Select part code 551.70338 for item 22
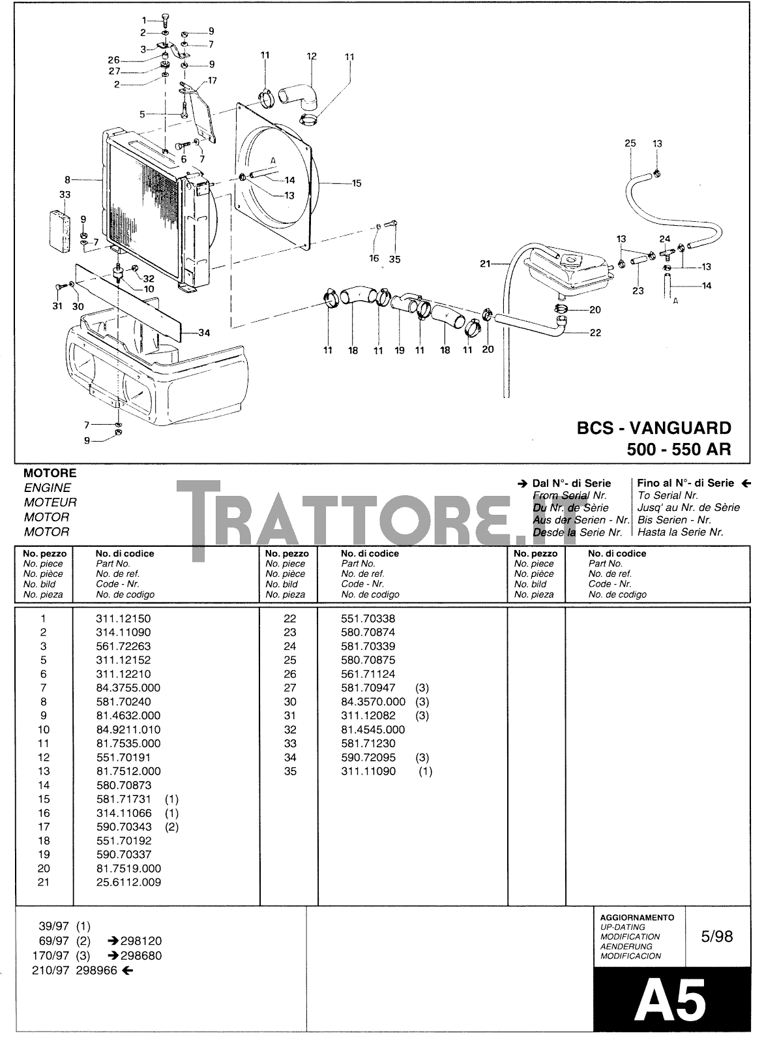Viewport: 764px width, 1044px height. pyautogui.click(x=368, y=619)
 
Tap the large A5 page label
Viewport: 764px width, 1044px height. pyautogui.click(x=671, y=1000)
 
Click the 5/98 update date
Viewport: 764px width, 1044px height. pyautogui.click(x=716, y=937)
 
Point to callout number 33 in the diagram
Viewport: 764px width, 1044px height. pyautogui.click(x=65, y=194)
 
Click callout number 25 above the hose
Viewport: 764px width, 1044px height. pyautogui.click(x=630, y=144)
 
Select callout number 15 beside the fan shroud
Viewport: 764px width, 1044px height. pyautogui.click(x=357, y=183)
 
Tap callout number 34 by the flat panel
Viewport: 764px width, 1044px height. pyautogui.click(x=204, y=333)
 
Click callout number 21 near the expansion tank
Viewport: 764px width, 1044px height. pyautogui.click(x=485, y=264)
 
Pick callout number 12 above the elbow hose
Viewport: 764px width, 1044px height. pyautogui.click(x=312, y=56)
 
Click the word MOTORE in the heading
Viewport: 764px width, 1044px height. pyautogui.click(x=50, y=473)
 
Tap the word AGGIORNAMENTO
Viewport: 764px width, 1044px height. pyautogui.click(x=637, y=917)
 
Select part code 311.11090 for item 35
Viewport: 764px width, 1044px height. pyautogui.click(x=368, y=771)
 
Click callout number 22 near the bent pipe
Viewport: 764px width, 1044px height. pyautogui.click(x=595, y=333)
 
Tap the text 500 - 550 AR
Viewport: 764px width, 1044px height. pyautogui.click(x=679, y=450)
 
